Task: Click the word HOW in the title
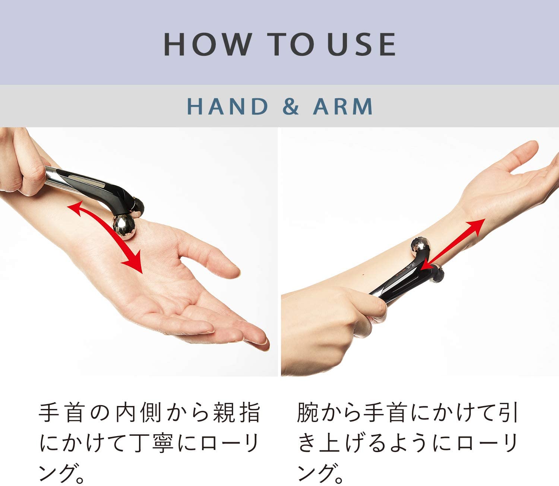coord(208,44)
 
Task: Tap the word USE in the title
coord(361,44)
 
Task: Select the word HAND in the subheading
coord(227,106)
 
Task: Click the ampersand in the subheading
coord(290,106)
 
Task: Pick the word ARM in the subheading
coord(342,106)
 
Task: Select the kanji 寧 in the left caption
coord(161,443)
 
